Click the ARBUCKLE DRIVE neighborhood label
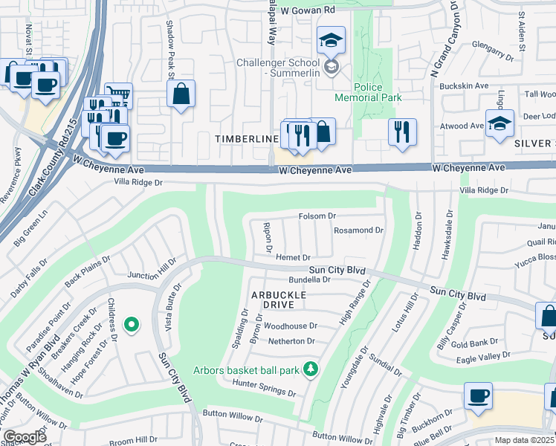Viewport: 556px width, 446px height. tap(279, 295)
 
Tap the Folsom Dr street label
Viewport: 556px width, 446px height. tap(317, 216)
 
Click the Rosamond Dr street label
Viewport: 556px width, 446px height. tap(359, 230)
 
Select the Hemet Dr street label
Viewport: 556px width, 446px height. tap(293, 257)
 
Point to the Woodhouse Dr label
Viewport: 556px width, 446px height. tap(291, 326)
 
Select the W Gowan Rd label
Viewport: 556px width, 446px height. tap(308, 10)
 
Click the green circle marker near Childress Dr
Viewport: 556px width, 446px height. tap(132, 324)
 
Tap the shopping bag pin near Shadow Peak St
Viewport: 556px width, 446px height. tap(181, 94)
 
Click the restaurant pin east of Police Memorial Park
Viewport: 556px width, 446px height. tap(402, 132)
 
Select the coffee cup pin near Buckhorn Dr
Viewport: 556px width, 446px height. tap(478, 395)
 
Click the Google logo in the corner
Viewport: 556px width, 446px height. tap(25, 437)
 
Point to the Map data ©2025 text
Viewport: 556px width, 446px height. tap(525, 440)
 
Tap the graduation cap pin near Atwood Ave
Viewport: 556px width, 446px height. tap(500, 123)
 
